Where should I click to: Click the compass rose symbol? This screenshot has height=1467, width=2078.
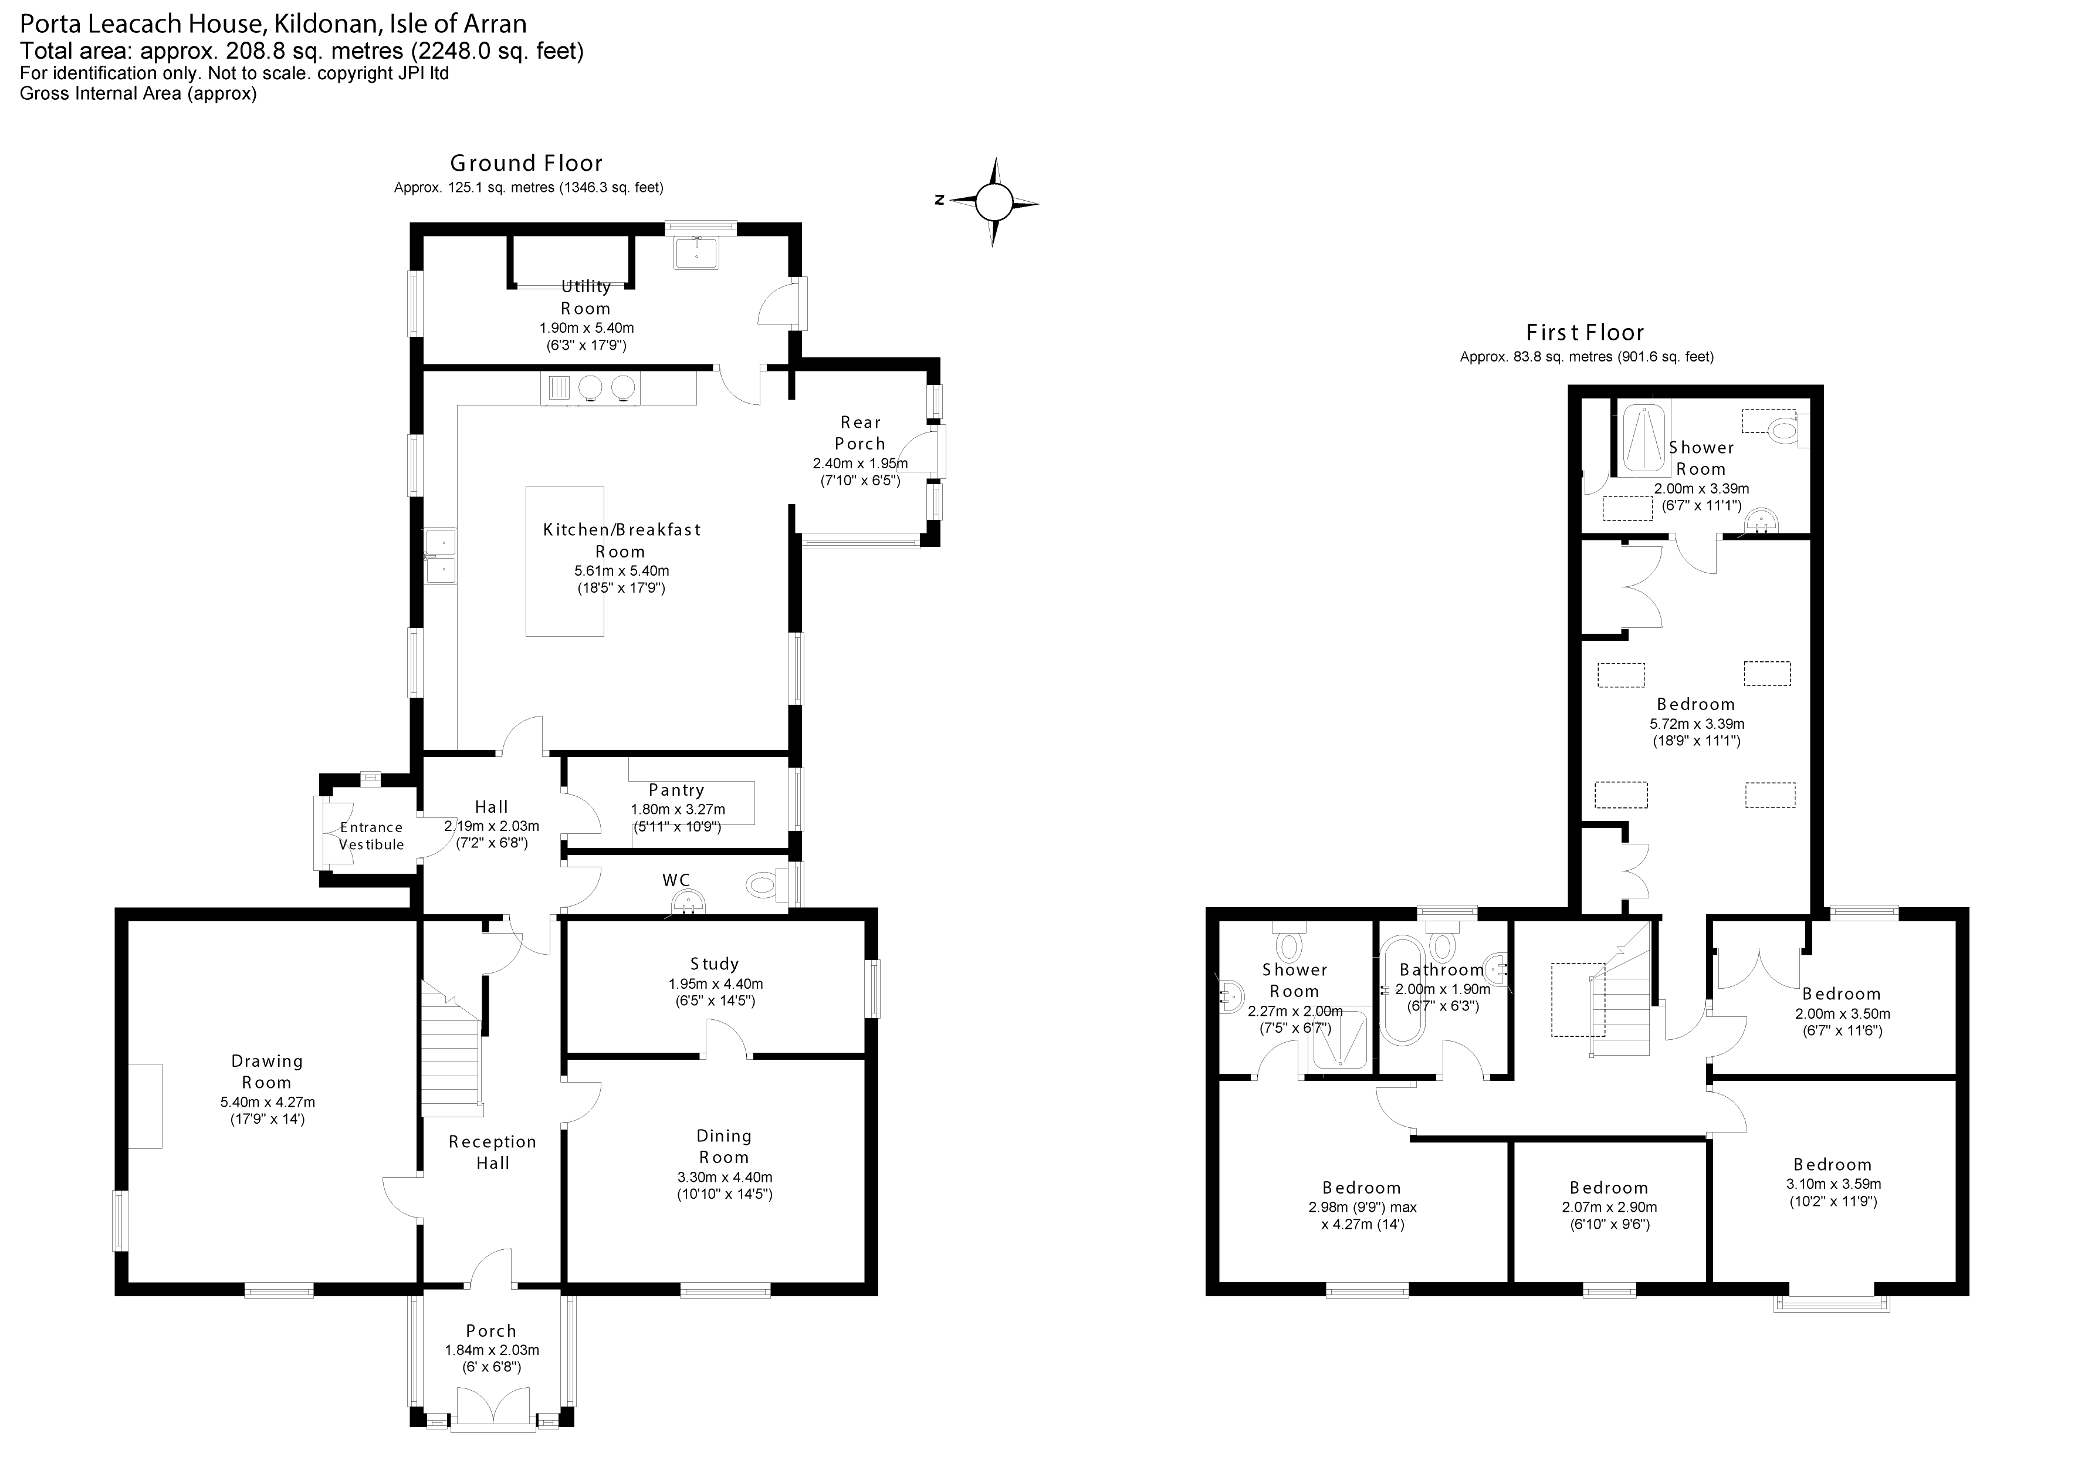[x=993, y=202]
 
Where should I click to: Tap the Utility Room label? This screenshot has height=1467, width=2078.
[x=586, y=297]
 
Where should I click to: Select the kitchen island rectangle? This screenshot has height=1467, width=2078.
[x=565, y=561]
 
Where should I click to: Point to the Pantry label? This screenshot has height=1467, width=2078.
[x=676, y=790]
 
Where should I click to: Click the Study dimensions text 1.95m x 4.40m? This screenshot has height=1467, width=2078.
[x=715, y=983]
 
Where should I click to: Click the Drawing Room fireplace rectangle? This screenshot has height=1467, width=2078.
[x=145, y=1106]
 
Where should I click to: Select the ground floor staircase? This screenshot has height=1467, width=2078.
[x=450, y=1050]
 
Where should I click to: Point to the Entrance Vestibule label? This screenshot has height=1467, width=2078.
[x=371, y=836]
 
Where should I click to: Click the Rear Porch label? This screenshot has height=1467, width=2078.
[x=860, y=432]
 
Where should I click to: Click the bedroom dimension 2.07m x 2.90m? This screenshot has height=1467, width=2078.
[x=1609, y=1207]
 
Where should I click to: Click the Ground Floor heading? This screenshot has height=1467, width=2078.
[x=526, y=163]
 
